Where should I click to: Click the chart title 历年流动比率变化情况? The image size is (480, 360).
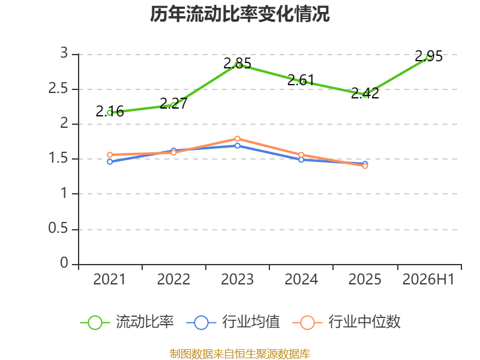coord(239,14)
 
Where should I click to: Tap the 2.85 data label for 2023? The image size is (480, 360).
coord(237,64)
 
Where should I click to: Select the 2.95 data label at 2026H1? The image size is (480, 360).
coord(428,56)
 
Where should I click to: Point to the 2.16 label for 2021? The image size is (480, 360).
coord(110,111)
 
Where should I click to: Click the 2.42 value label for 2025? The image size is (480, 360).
coord(365,93)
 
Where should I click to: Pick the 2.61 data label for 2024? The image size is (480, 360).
coord(301,80)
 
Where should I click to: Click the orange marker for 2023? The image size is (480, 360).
coord(237,139)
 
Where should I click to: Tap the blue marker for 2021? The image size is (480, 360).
coord(110,161)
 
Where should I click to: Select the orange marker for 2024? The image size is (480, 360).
coord(301,155)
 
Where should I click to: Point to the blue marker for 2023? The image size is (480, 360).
coord(237,146)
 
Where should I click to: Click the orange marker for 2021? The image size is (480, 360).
coord(110,155)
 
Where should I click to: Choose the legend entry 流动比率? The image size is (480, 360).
coord(127,322)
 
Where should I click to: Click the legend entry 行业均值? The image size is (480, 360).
coord(233,322)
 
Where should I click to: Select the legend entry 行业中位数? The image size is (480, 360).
coord(347,322)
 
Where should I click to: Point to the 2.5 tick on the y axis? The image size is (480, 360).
coord(58,88)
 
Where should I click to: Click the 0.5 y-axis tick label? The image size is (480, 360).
coord(58,228)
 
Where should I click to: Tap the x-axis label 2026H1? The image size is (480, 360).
coord(428,279)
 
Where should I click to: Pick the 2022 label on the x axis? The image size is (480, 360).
coord(173,279)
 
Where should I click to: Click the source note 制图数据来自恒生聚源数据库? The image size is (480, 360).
coord(240,353)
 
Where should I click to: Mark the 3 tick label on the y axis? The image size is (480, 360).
coord(64,53)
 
